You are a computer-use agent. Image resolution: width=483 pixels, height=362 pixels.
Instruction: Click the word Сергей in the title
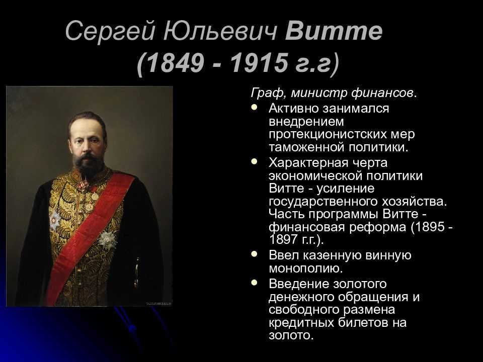110,31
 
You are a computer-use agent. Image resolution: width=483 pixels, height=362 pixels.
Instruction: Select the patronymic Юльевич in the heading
220,31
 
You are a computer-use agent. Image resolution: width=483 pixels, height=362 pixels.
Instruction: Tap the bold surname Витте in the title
334,31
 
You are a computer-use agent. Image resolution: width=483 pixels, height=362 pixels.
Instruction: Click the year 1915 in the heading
259,63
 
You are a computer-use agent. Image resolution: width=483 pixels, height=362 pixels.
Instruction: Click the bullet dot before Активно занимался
254,108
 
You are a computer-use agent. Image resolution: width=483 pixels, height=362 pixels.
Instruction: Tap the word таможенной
306,147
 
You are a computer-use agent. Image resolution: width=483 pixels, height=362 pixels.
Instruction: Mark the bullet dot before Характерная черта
254,161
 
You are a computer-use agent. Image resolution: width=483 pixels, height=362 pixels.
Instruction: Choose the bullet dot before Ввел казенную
254,254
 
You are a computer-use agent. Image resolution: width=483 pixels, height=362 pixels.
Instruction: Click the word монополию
306,268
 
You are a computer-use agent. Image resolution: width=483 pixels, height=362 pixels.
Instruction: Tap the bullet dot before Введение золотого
254,283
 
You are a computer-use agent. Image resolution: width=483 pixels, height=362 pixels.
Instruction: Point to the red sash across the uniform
90,237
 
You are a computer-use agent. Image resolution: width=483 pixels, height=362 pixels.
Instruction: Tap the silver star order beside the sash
108,239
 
